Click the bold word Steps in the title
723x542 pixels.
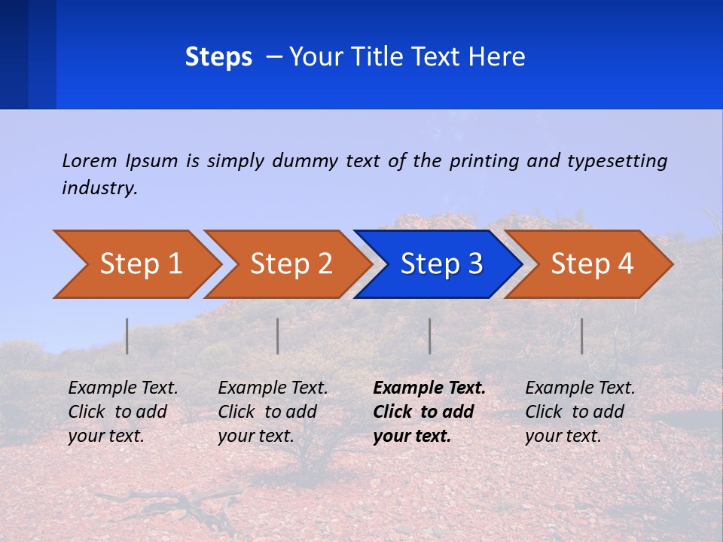[218, 57]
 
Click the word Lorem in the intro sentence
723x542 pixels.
[89, 160]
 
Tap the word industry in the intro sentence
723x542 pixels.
[99, 188]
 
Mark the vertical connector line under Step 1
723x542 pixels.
[127, 336]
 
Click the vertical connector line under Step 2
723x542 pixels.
[278, 336]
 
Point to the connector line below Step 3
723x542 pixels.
[430, 336]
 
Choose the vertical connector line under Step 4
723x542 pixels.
[582, 336]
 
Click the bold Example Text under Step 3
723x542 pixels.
[429, 388]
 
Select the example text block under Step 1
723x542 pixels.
[123, 412]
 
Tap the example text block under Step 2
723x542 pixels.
[273, 412]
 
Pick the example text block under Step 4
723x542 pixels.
[580, 412]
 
